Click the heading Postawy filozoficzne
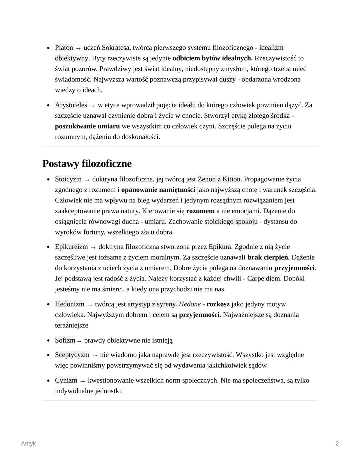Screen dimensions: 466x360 [x=87, y=164]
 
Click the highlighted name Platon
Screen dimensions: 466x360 [x=64, y=48]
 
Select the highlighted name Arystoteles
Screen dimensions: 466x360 [x=71, y=105]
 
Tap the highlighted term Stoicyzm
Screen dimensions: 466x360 [x=68, y=179]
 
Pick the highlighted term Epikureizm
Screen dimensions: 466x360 [x=71, y=247]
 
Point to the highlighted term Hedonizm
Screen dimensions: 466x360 [x=70, y=304]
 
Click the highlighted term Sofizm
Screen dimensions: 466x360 [x=65, y=340]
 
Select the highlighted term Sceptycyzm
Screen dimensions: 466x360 [x=72, y=355]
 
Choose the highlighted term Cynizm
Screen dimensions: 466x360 [x=66, y=380]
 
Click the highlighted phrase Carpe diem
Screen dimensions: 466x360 [x=264, y=279]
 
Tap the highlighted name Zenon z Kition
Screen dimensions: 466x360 [x=219, y=179]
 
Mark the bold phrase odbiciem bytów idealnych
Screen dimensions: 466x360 [x=212, y=58]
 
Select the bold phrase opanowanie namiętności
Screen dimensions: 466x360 [x=158, y=190]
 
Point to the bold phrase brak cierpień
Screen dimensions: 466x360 [x=268, y=258]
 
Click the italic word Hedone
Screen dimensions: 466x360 [x=190, y=304]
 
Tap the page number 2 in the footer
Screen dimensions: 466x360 [x=337, y=443]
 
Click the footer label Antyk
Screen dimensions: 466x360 [x=28, y=443]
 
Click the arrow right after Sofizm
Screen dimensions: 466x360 [x=79, y=341]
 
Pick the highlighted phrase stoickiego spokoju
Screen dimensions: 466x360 [x=231, y=221]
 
